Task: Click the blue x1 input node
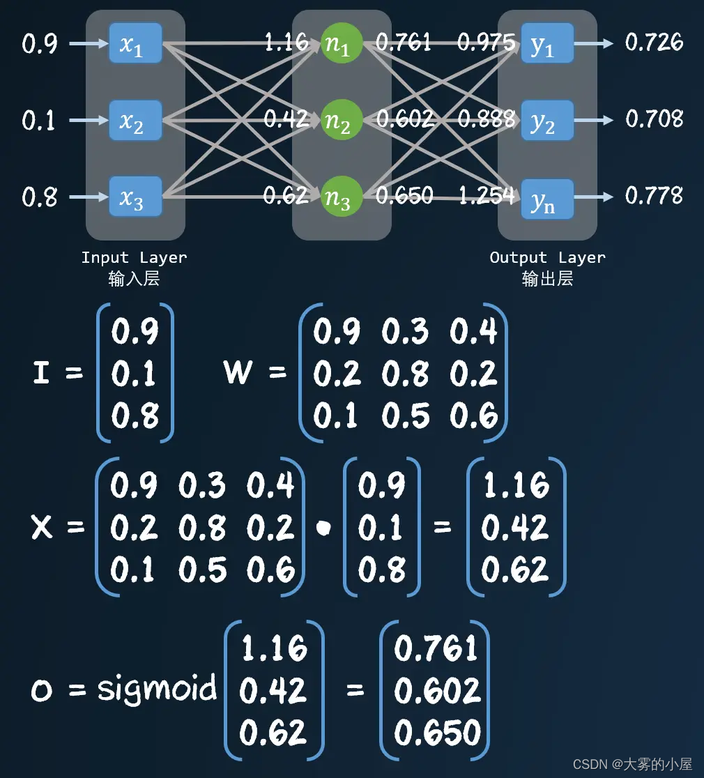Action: tap(135, 44)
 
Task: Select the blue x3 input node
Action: tap(135, 197)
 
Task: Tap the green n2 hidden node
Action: tap(342, 121)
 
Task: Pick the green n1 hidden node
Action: tap(342, 44)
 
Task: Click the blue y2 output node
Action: tap(547, 121)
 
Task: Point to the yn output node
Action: tap(547, 199)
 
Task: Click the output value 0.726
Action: tap(654, 43)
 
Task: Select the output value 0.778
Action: tap(654, 196)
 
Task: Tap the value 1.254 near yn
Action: tap(486, 196)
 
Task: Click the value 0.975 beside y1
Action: tap(486, 43)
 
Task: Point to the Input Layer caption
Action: tap(134, 258)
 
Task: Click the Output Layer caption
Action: tap(547, 258)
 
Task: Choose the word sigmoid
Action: tap(157, 689)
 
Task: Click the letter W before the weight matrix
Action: tap(238, 373)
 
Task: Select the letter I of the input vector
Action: tap(41, 374)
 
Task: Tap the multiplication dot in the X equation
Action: tap(323, 528)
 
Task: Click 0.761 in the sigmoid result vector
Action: tap(436, 649)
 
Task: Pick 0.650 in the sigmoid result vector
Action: tap(436, 733)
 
